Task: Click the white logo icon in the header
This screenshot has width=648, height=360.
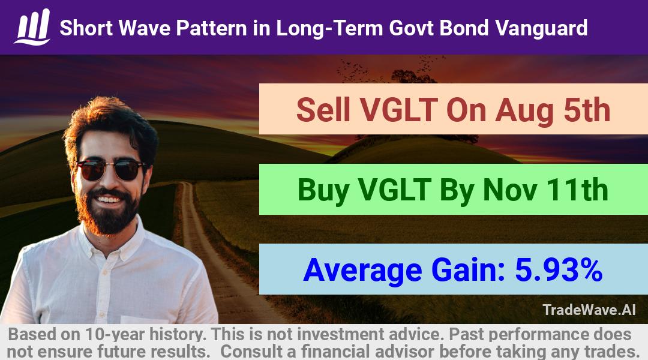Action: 32,27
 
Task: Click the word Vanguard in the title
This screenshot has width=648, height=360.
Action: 541,28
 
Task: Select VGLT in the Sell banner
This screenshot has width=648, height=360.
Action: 398,110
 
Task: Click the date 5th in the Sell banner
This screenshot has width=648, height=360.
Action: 587,110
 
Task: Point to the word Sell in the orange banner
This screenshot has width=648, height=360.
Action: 323,110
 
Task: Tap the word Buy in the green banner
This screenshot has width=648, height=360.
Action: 323,191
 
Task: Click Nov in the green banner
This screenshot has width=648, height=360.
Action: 510,190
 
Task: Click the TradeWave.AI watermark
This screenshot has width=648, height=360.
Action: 589,310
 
